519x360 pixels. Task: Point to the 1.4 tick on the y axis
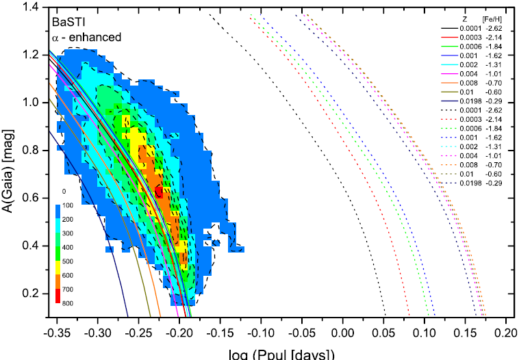pyautogui.click(x=34, y=7)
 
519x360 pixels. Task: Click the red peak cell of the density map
pyautogui.click(x=158, y=193)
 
